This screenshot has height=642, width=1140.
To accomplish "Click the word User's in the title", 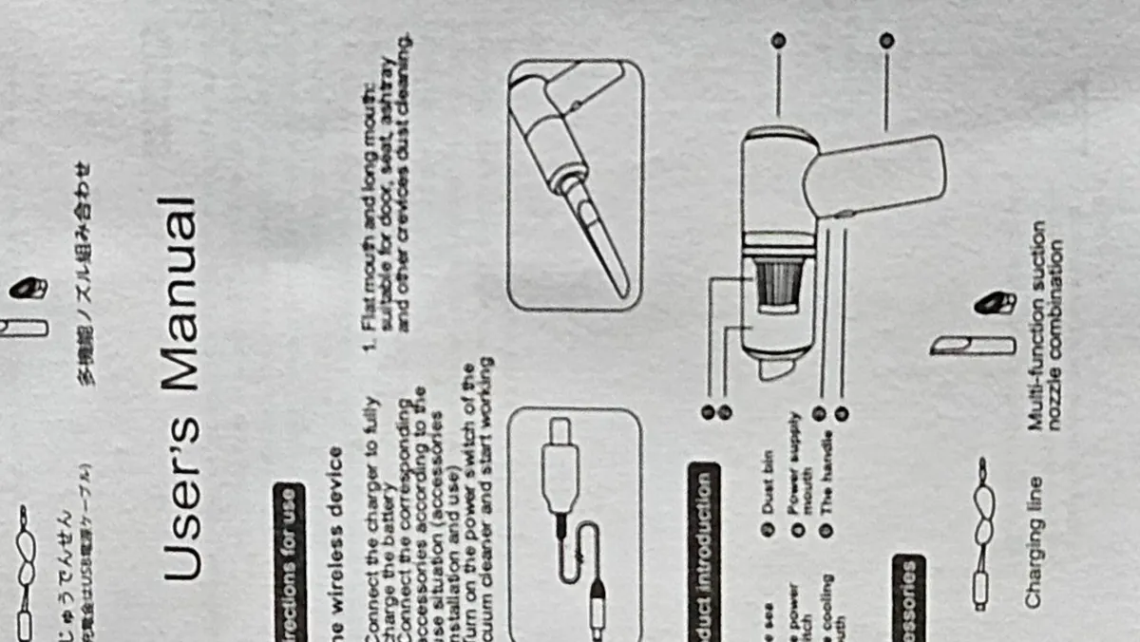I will point(180,497).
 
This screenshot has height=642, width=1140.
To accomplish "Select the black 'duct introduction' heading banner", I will point(704,551).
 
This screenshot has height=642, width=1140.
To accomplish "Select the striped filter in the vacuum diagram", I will point(778,287).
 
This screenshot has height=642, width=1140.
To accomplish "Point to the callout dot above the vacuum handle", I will point(886,41).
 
